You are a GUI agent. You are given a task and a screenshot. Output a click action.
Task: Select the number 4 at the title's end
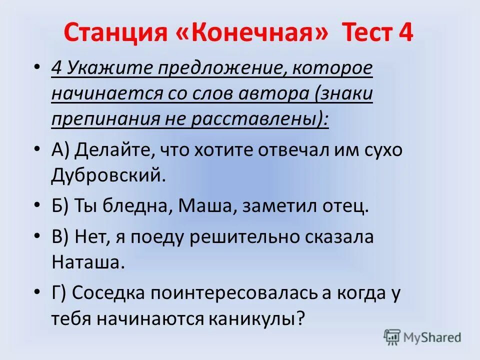[x=405, y=34]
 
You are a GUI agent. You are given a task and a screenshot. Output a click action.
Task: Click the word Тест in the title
[x=367, y=34]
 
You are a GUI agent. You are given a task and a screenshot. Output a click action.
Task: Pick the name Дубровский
[x=107, y=174]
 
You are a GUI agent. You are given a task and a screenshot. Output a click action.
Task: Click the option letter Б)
[x=59, y=205]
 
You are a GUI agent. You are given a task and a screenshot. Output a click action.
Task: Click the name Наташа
[x=86, y=262]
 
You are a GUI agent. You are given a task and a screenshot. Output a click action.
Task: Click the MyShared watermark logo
[x=422, y=337]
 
